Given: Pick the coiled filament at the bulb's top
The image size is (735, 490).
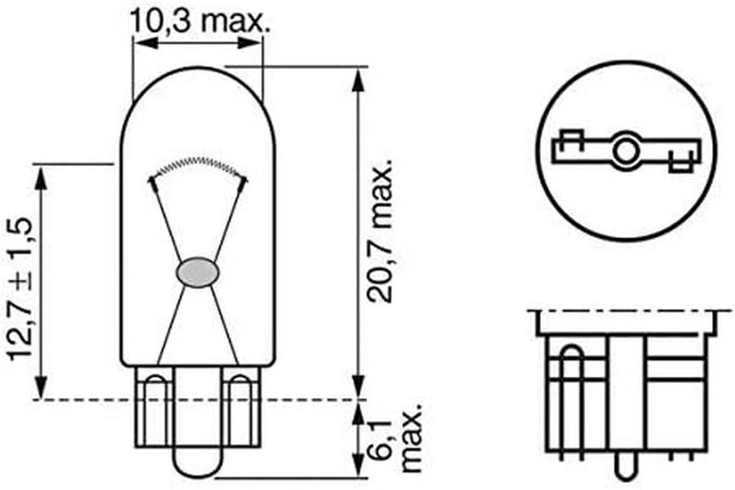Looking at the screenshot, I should point(198,164).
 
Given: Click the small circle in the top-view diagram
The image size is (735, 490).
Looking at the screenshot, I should point(627,151).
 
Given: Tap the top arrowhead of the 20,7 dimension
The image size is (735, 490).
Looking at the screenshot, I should point(357,74).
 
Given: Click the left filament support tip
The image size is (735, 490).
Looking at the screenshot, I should point(153,181).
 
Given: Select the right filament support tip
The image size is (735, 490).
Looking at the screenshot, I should point(243,181).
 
